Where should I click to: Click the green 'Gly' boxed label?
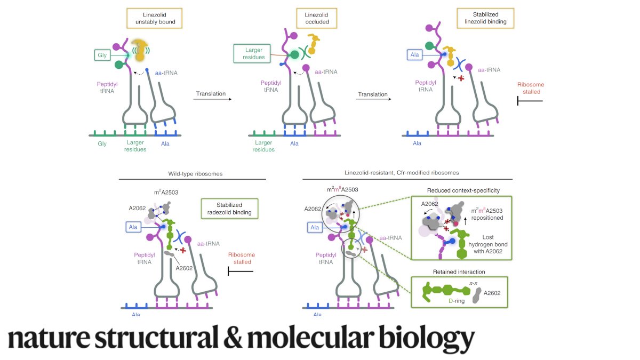(102, 55)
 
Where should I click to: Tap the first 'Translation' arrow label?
(210, 94)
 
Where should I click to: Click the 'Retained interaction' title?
(459, 271)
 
